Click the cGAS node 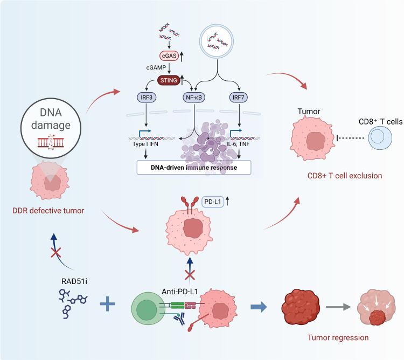pos(169,56)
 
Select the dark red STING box pos(169,80)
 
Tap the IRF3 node pos(147,98)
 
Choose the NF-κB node pos(194,98)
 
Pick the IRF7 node pos(238,98)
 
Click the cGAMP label pos(156,67)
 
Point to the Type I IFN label pos(145,144)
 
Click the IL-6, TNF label pos(238,144)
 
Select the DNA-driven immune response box pos(194,168)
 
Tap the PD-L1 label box pos(213,202)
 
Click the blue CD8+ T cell pos(380,138)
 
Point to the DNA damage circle pos(51,128)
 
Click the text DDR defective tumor pos(48,211)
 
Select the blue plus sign pos(107,304)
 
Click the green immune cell pos(148,308)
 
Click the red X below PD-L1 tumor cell pos(190,275)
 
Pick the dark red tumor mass pos(301,306)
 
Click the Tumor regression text pos(338,337)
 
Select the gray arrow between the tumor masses pos(338,307)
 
